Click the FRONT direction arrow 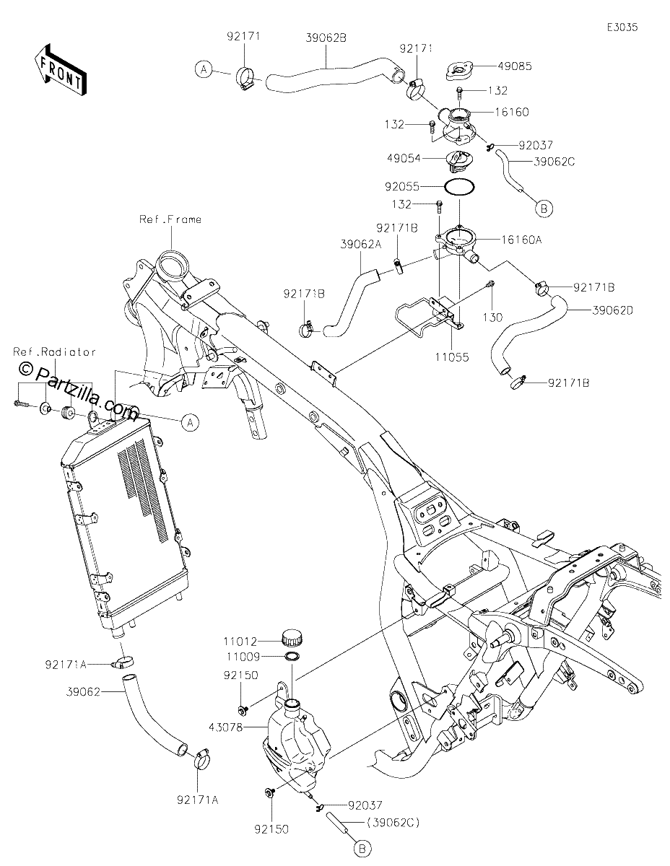60,70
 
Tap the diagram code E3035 622,27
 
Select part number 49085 515,66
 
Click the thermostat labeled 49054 454,162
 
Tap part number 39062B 326,38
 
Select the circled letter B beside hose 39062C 544,208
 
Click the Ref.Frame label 170,219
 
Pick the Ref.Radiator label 55,352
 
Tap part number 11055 451,357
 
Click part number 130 492,318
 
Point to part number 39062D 613,310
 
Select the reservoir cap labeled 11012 292,638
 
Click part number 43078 225,727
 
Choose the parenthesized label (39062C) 393,822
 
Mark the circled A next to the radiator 190,422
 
